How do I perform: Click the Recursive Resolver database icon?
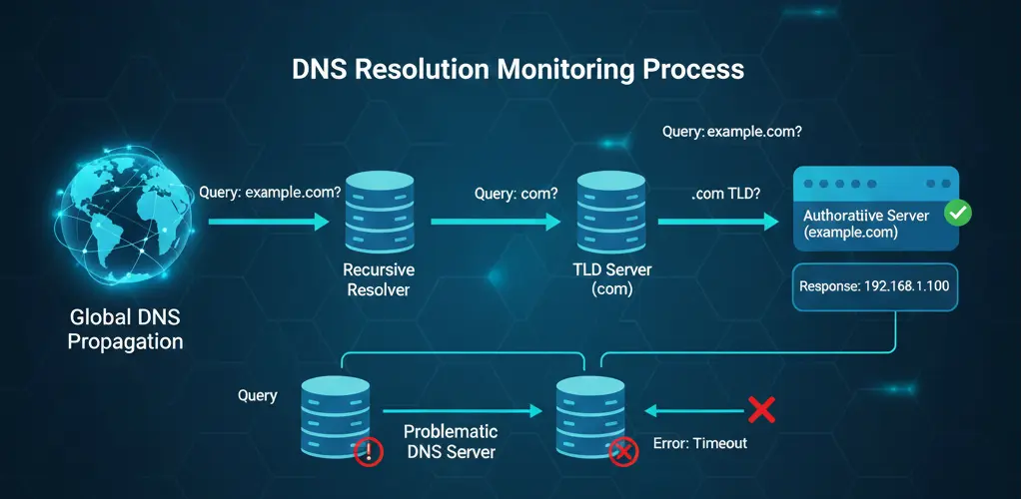379,215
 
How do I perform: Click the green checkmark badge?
958,212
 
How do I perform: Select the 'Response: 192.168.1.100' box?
873,286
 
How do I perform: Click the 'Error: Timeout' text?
699,443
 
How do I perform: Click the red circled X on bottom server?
624,452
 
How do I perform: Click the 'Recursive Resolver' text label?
379,279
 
